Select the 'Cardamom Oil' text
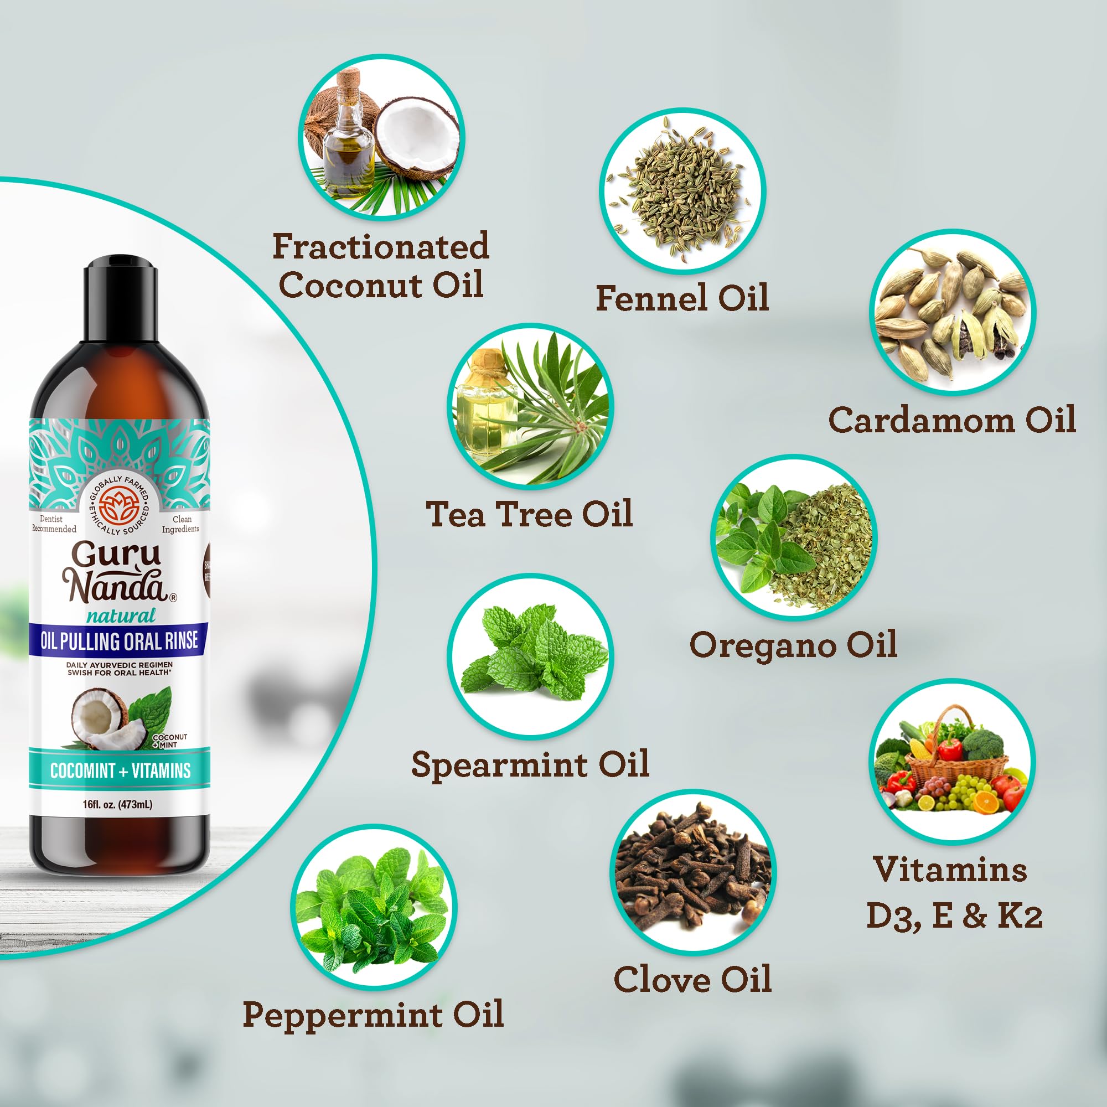(951, 420)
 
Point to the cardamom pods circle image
(952, 312)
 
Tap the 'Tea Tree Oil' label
(530, 514)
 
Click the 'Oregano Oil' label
(793, 645)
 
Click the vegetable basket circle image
(951, 761)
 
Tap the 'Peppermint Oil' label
(373, 1014)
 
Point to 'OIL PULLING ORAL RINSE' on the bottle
(119, 640)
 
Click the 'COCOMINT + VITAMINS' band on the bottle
(120, 770)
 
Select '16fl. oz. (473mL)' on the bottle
(117, 805)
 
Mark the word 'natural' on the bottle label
(121, 616)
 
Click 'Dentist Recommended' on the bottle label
(54, 524)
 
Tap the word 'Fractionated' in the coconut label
(380, 246)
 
